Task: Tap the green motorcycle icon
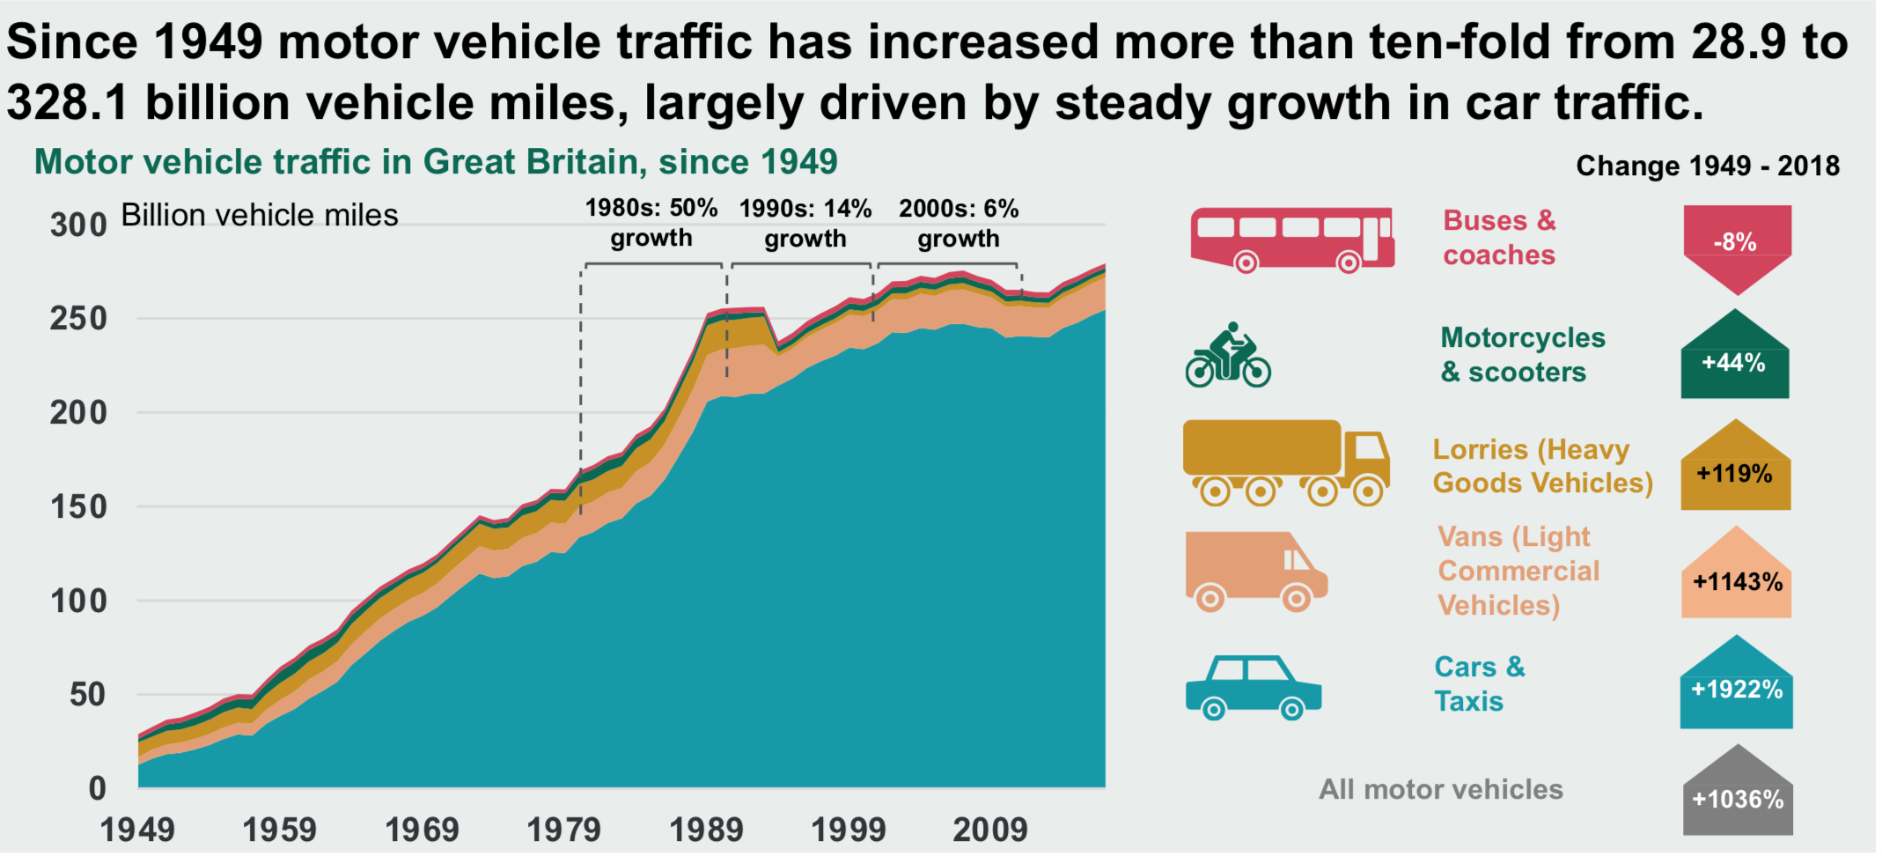pos(1228,356)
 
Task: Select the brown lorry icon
pos(1285,461)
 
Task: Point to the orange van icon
pos(1255,571)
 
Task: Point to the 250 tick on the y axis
pos(78,319)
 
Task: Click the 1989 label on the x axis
pos(706,830)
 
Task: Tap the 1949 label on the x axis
pos(137,830)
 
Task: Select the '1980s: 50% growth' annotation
pos(651,224)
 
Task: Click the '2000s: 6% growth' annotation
pos(959,224)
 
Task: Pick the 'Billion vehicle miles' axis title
pos(260,216)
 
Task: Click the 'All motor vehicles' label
pos(1440,790)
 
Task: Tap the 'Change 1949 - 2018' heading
pos(1707,166)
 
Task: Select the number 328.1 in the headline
pos(67,103)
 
